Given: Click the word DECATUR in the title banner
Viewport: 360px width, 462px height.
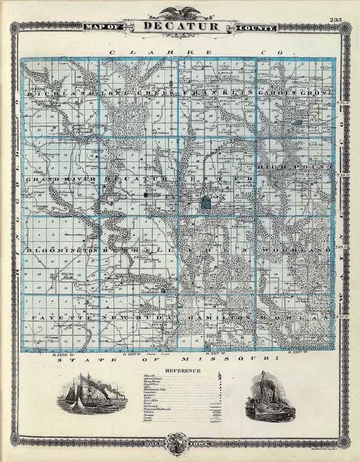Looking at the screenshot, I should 180,26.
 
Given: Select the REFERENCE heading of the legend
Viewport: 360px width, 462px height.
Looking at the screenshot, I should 183,370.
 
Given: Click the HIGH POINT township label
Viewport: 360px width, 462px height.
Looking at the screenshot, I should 296,167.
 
